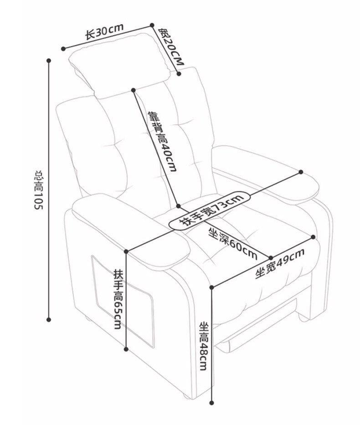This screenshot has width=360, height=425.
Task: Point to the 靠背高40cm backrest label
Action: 162,141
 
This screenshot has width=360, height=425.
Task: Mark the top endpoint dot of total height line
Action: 49,60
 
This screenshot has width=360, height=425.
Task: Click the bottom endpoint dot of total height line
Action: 49,320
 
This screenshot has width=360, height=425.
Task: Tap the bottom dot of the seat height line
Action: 212,403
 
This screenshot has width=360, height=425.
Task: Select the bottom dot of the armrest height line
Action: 126,349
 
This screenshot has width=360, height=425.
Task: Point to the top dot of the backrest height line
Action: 134,90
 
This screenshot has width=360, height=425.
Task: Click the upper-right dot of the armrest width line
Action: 301,172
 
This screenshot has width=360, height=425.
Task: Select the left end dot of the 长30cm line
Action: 63,47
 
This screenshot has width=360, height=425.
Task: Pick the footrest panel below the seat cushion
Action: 260,326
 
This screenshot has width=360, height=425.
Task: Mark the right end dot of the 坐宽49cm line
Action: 314,237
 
